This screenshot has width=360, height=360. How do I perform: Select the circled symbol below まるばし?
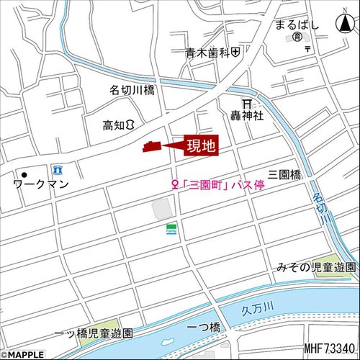(296, 36)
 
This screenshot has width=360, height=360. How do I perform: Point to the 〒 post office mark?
(307, 49)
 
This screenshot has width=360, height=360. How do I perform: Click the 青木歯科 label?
(206, 53)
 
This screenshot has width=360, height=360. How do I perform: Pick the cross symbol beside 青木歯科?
(235, 53)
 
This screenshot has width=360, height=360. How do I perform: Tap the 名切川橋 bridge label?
(132, 91)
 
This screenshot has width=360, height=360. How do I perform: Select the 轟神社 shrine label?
(246, 115)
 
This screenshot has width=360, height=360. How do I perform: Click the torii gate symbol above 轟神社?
(246, 103)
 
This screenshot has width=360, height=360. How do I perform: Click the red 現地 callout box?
(201, 146)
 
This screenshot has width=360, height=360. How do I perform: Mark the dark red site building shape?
(153, 146)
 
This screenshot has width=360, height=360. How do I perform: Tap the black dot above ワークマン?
(24, 174)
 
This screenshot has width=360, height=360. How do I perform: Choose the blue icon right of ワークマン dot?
(58, 170)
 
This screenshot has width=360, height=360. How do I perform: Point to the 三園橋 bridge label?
(284, 174)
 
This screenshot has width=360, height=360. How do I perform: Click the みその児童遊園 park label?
(315, 268)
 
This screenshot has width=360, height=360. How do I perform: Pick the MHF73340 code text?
(329, 349)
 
